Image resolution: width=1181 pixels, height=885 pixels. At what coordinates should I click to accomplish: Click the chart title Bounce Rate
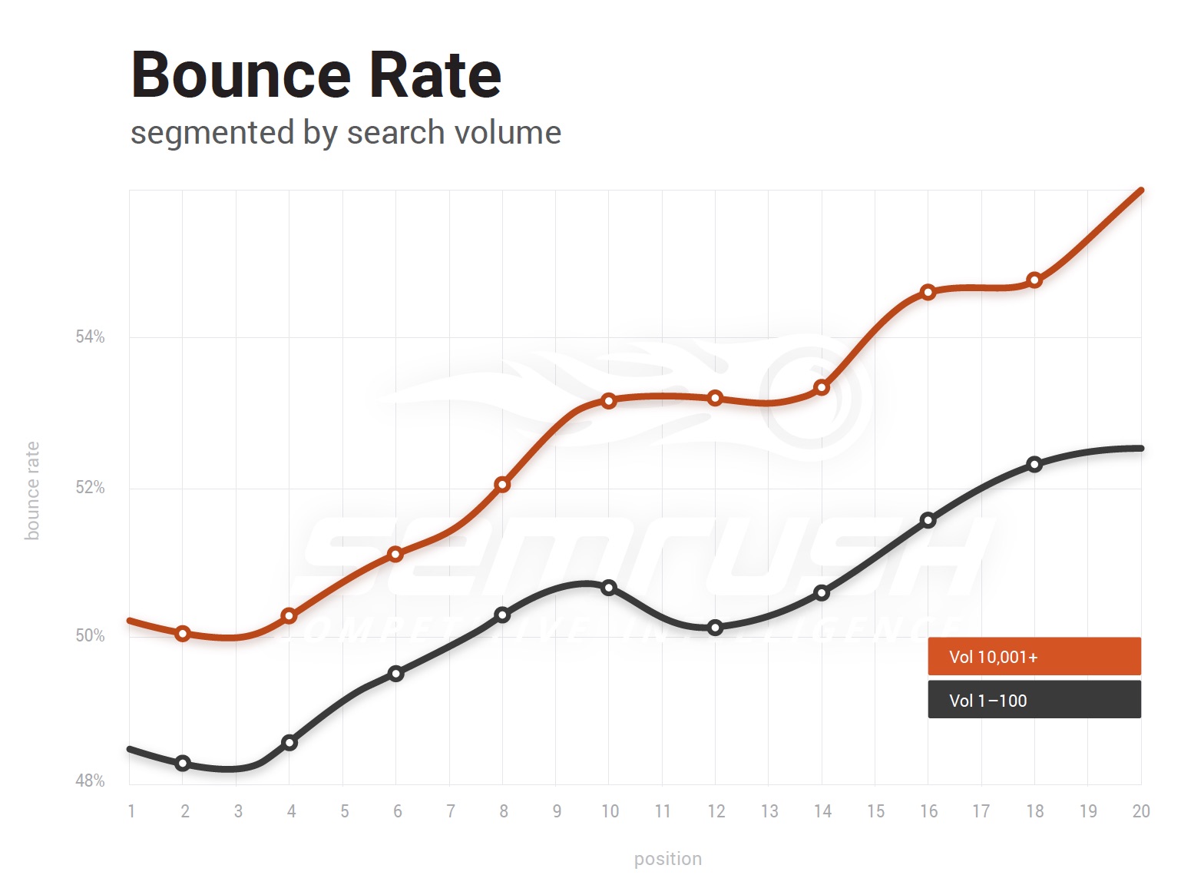[x=316, y=75]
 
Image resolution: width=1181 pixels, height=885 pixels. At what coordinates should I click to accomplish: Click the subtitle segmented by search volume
[x=346, y=132]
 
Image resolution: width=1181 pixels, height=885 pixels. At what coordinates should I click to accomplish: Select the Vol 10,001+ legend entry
[x=1034, y=657]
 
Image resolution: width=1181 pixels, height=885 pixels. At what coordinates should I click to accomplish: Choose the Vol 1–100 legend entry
[x=1034, y=700]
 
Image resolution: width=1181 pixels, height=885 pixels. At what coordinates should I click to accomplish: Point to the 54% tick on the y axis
[x=90, y=336]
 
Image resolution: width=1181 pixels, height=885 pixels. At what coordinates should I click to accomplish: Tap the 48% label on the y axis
[x=90, y=781]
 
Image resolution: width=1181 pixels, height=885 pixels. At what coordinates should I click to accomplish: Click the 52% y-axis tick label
[x=90, y=488]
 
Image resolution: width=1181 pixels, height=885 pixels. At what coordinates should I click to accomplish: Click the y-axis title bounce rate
[x=32, y=490]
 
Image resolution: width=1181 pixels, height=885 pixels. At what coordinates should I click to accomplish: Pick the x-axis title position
[x=667, y=859]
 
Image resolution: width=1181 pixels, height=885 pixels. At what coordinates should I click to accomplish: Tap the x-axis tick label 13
[x=769, y=811]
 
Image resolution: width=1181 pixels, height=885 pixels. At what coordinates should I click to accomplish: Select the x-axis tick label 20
[x=1141, y=811]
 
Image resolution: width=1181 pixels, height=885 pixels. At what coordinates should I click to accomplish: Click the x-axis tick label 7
[x=451, y=811]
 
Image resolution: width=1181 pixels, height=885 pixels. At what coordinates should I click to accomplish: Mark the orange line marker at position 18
[x=1034, y=280]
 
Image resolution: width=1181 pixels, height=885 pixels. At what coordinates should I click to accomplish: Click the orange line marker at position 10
[x=609, y=400]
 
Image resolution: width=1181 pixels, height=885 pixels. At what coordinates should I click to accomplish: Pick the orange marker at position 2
[x=183, y=634]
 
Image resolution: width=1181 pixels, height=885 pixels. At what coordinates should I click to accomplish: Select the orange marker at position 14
[x=822, y=387]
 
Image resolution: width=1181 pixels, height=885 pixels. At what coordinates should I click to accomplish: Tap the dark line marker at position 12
[x=715, y=628]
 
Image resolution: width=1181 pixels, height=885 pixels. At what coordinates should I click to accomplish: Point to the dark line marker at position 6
[x=395, y=674]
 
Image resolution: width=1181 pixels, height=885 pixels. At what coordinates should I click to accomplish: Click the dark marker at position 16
[x=928, y=520]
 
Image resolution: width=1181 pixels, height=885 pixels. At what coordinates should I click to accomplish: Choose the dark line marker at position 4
[x=289, y=742]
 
